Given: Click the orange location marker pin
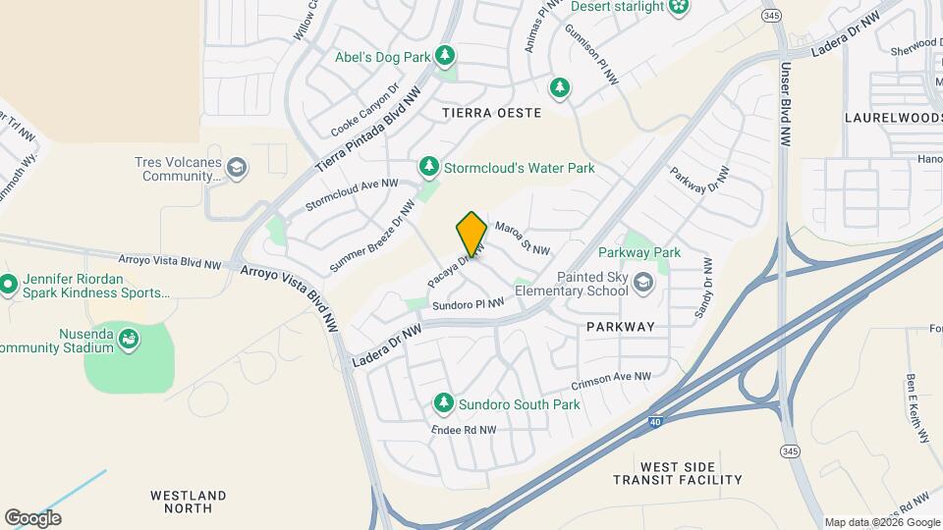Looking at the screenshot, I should pyautogui.click(x=471, y=234).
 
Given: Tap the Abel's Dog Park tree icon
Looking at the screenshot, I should pyautogui.click(x=445, y=54).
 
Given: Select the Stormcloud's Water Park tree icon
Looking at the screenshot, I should pyautogui.click(x=428, y=168).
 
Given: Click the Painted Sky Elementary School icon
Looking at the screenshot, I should pyautogui.click(x=642, y=284).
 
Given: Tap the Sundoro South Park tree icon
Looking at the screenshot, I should pyautogui.click(x=444, y=403).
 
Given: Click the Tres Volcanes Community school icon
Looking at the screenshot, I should pyautogui.click(x=236, y=169).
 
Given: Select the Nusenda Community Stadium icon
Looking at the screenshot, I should pyautogui.click(x=128, y=340).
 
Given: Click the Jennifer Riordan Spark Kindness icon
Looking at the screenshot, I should pyautogui.click(x=9, y=285).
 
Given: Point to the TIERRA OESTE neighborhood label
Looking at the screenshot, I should pyautogui.click(x=492, y=113).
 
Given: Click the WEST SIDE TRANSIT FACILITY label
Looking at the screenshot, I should pyautogui.click(x=678, y=472).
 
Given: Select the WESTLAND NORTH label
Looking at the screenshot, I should pyautogui.click(x=189, y=502).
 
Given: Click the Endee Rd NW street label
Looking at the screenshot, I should pyautogui.click(x=464, y=430).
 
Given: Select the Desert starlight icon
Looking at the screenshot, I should pyautogui.click(x=678, y=7).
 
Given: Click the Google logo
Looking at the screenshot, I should pyautogui.click(x=32, y=517).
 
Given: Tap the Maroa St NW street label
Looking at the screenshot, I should pyautogui.click(x=522, y=238).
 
